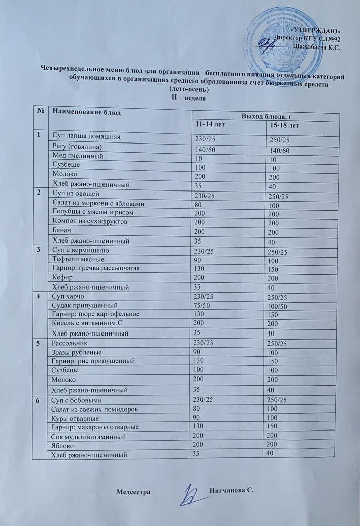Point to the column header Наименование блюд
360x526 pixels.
(x=87, y=112)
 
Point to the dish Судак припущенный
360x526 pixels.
(x=85, y=305)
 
